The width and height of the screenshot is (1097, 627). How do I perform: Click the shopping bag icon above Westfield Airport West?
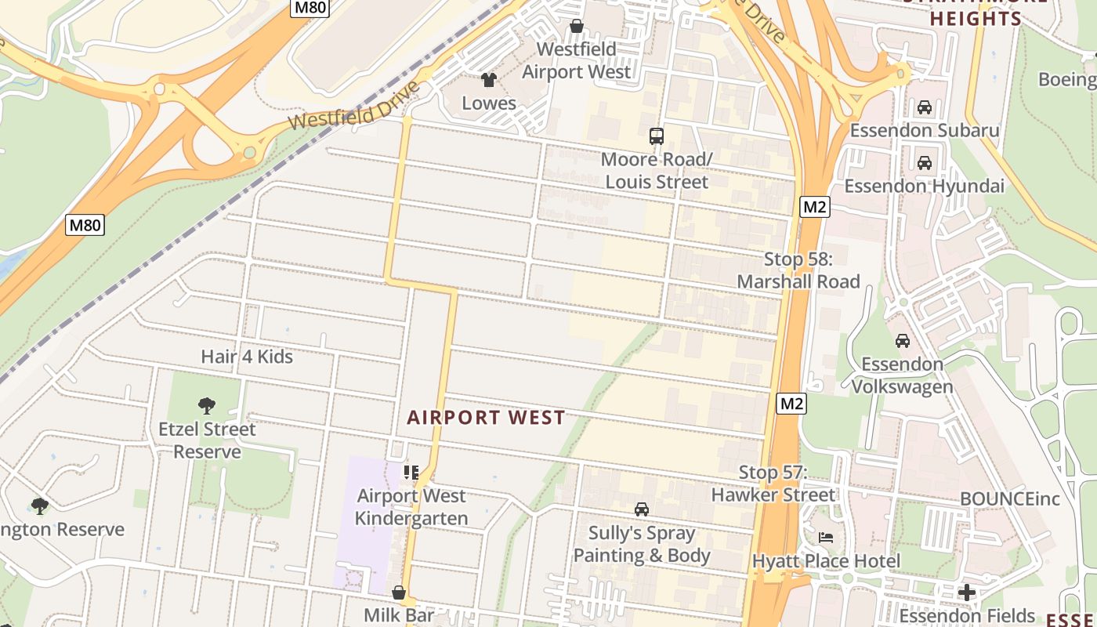coord(577,26)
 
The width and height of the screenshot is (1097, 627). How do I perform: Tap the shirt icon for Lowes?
coord(489,79)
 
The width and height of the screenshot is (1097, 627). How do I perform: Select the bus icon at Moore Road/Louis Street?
coord(657,136)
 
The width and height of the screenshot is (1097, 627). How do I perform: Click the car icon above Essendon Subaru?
coord(925,107)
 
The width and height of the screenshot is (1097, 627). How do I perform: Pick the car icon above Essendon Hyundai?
coord(925,163)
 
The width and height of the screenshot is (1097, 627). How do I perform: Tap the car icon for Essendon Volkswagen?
coord(903,341)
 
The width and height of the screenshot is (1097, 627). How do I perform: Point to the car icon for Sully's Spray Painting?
coord(642,509)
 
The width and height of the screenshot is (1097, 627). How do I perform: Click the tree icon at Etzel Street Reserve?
coord(207,405)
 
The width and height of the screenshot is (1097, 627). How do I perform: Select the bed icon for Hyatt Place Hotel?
coord(826,538)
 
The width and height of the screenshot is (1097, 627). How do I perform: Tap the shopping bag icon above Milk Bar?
coord(399,592)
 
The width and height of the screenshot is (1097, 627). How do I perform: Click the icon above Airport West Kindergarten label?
coord(411,472)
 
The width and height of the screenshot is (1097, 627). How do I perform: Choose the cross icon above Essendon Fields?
coord(967,593)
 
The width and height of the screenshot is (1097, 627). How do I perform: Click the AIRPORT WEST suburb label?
coord(486,418)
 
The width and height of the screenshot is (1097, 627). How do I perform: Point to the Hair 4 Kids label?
coord(247,357)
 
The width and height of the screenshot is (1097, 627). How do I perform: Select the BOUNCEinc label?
coord(1010,499)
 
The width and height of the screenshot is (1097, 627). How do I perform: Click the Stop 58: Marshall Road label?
coord(798,270)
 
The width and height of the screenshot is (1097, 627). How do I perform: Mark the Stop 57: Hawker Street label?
coord(773,484)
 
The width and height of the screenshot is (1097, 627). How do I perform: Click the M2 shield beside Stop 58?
coord(814,207)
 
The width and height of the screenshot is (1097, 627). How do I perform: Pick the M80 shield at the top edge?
coord(310,8)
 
